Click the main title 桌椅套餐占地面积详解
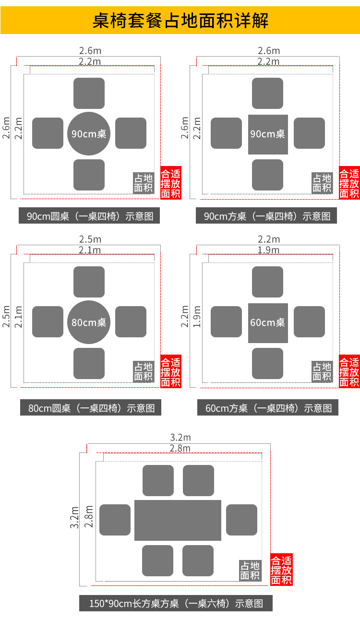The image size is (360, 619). pyautogui.click(x=180, y=21)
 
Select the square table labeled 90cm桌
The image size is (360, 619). pyautogui.click(x=268, y=134)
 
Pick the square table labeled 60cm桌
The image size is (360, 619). pyautogui.click(x=268, y=323)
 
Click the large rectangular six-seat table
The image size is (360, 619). pyautogui.click(x=178, y=520)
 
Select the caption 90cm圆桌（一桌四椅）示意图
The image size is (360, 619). pyautogui.click(x=90, y=216)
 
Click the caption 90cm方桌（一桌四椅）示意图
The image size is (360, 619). pyautogui.click(x=267, y=216)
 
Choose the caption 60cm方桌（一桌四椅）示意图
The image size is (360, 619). pyautogui.click(x=268, y=408)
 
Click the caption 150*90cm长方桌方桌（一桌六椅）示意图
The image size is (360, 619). pyautogui.click(x=176, y=603)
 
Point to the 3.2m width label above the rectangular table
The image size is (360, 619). pyautogui.click(x=180, y=438)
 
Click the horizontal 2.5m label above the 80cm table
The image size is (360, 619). pyautogui.click(x=90, y=239)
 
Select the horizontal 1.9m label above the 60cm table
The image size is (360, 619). pyautogui.click(x=269, y=250)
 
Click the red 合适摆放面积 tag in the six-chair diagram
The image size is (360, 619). pyautogui.click(x=281, y=570)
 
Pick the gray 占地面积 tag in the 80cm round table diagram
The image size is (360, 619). pyautogui.click(x=143, y=371)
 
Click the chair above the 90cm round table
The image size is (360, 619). pyautogui.click(x=89, y=93)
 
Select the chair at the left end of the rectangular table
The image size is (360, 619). pyautogui.click(x=115, y=520)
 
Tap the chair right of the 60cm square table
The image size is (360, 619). pyautogui.click(x=309, y=321)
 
